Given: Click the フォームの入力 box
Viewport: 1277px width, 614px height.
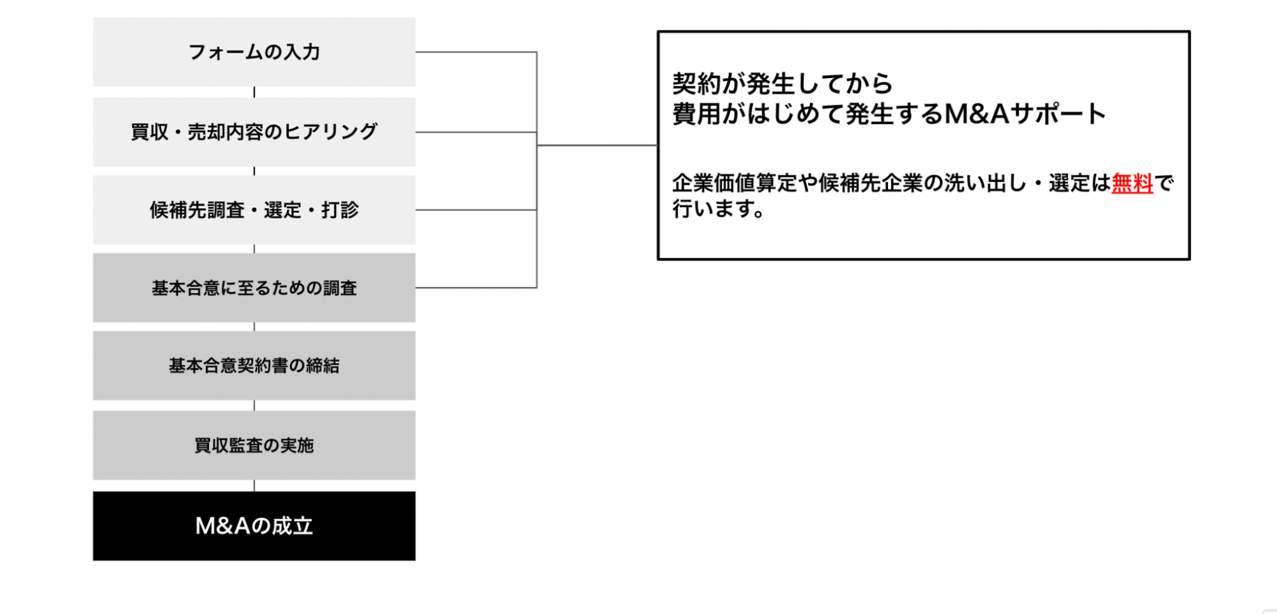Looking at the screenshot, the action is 254,52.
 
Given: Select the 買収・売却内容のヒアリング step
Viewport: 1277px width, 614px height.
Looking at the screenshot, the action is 254,132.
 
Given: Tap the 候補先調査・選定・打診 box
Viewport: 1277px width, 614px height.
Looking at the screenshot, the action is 254,210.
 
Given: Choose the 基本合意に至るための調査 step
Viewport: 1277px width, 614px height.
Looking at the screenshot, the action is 254,288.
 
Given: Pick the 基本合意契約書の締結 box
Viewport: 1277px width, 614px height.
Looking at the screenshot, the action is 254,365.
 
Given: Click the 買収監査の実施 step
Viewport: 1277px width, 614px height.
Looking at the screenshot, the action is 254,445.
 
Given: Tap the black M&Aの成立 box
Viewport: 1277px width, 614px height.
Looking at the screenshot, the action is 254,526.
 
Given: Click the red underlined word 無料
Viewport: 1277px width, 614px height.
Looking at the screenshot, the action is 1132,183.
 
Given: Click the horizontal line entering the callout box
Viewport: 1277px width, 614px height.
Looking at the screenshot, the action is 597,145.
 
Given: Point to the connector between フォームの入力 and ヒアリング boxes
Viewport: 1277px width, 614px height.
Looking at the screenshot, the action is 254,92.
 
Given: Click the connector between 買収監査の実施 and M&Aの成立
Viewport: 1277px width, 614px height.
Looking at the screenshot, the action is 254,486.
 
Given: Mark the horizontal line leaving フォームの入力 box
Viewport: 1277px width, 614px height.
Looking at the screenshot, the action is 476,52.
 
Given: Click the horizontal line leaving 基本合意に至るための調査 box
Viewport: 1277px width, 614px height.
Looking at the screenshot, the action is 476,288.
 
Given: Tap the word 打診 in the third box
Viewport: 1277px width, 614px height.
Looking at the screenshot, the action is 340,210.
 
